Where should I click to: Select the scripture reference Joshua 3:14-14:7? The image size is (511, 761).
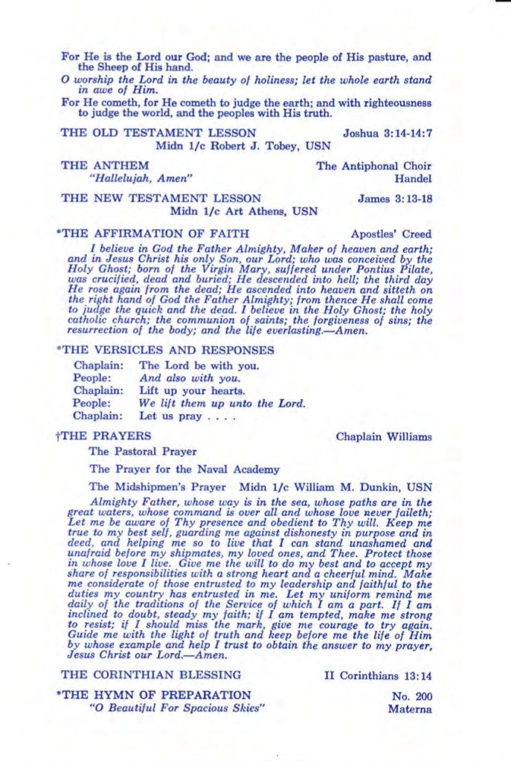click(387, 133)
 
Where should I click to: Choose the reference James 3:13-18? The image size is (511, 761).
click(394, 198)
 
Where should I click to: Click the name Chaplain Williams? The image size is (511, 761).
click(383, 436)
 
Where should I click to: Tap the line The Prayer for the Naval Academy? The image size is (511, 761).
click(184, 469)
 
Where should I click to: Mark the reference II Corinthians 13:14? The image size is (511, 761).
click(378, 676)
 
